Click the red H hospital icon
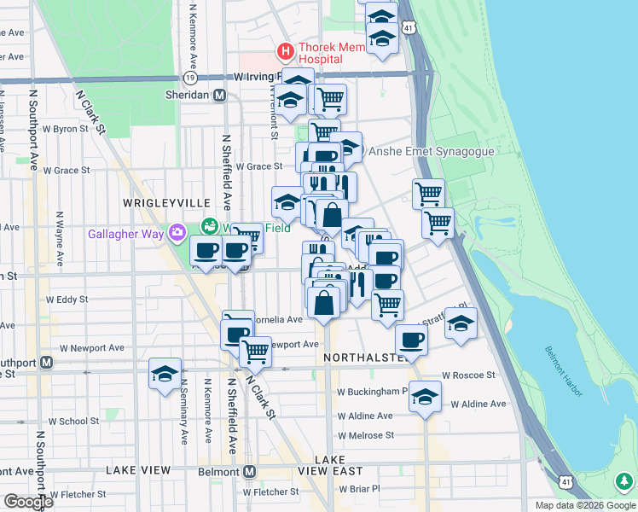[285, 53]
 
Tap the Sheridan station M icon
[220, 96]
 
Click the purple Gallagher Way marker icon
[177, 232]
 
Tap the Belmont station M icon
[250, 471]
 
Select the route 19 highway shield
[189, 77]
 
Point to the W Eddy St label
[67, 300]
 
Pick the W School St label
[73, 421]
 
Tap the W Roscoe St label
[468, 375]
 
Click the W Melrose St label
[365, 435]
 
